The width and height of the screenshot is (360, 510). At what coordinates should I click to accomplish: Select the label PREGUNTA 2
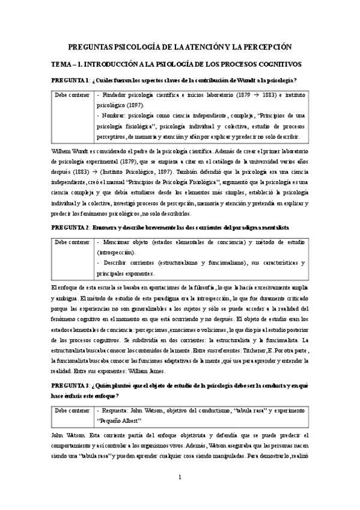[70, 228]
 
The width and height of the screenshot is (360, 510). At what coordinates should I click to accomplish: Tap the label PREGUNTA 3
[70, 385]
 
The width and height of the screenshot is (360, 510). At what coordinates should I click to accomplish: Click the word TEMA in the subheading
[63, 63]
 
